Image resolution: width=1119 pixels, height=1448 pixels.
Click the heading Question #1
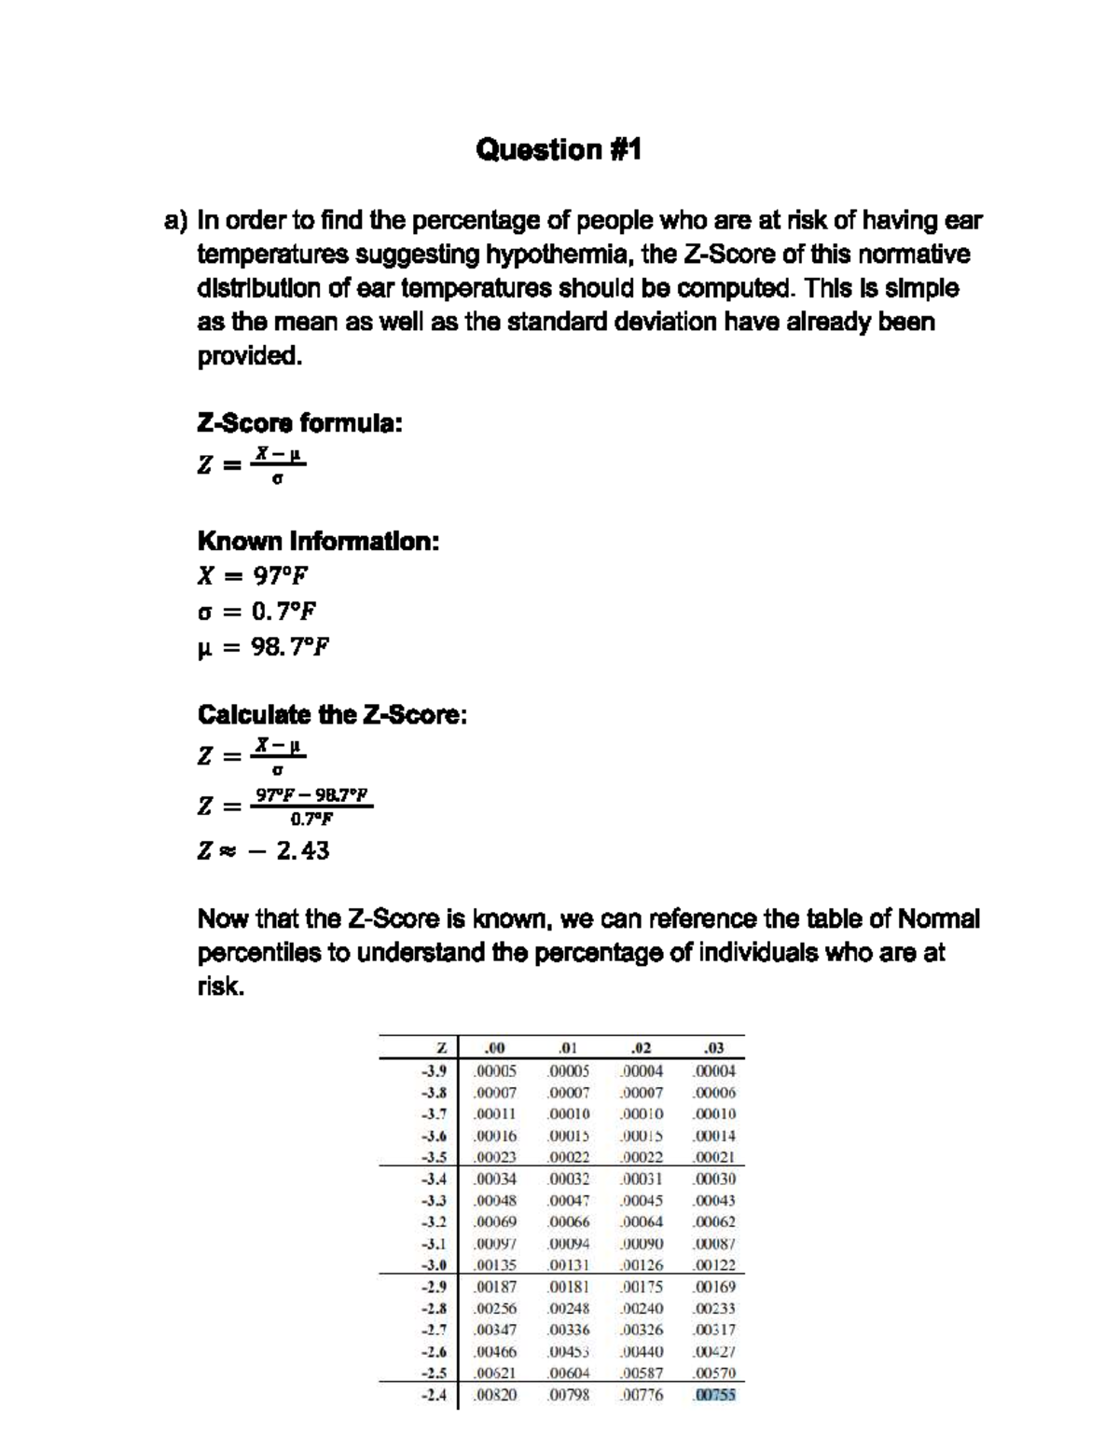click(559, 149)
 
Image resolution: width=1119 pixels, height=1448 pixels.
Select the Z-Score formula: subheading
click(299, 423)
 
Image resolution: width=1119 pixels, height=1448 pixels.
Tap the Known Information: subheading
click(318, 541)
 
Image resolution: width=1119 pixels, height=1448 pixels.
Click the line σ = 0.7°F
click(257, 611)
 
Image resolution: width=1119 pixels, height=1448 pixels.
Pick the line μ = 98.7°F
click(263, 646)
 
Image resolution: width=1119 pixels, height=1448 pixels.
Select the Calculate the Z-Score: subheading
click(332, 715)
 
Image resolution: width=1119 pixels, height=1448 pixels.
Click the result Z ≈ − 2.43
click(263, 850)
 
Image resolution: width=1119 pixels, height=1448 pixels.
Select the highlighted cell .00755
click(714, 1396)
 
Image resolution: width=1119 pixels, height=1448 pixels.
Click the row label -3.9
click(434, 1071)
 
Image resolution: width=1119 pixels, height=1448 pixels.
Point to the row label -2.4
click(434, 1396)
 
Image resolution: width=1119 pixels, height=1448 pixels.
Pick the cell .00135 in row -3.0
click(494, 1265)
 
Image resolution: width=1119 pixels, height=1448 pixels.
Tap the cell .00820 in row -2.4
click(494, 1396)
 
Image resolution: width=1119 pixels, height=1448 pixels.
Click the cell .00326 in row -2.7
click(642, 1330)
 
